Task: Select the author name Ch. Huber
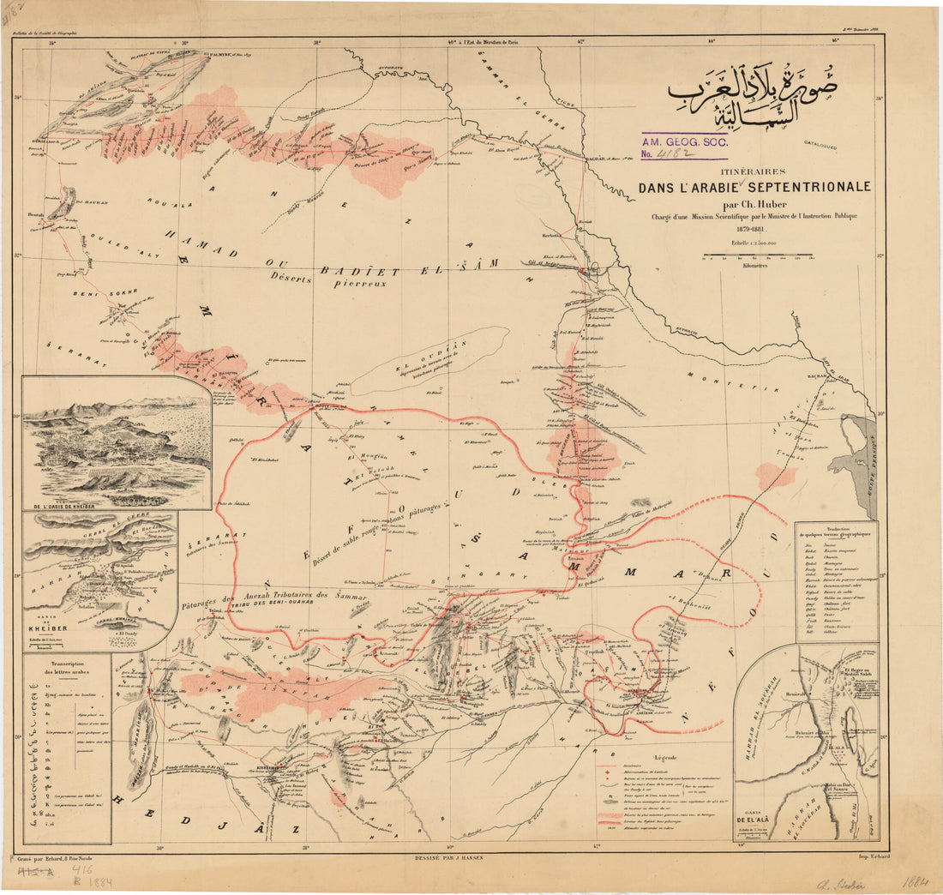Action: coord(754,204)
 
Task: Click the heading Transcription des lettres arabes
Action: coord(66,672)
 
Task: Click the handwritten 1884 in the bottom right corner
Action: coord(914,881)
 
